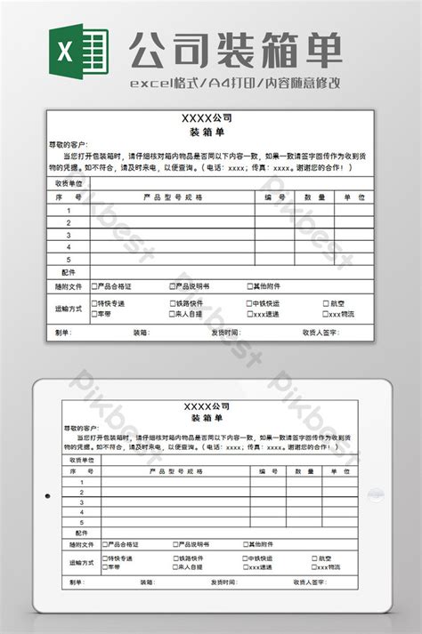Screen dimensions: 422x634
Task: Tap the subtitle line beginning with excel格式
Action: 235,83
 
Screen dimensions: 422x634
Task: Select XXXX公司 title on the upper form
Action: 207,117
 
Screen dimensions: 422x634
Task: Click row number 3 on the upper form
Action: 69,235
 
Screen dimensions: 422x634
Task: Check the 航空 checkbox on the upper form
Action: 325,303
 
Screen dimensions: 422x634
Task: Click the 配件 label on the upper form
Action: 69,272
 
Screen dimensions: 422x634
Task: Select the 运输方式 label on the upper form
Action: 69,309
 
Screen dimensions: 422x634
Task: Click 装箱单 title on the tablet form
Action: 209,418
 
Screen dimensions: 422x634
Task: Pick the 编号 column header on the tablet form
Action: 267,471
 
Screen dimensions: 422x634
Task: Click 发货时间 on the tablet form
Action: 224,582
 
